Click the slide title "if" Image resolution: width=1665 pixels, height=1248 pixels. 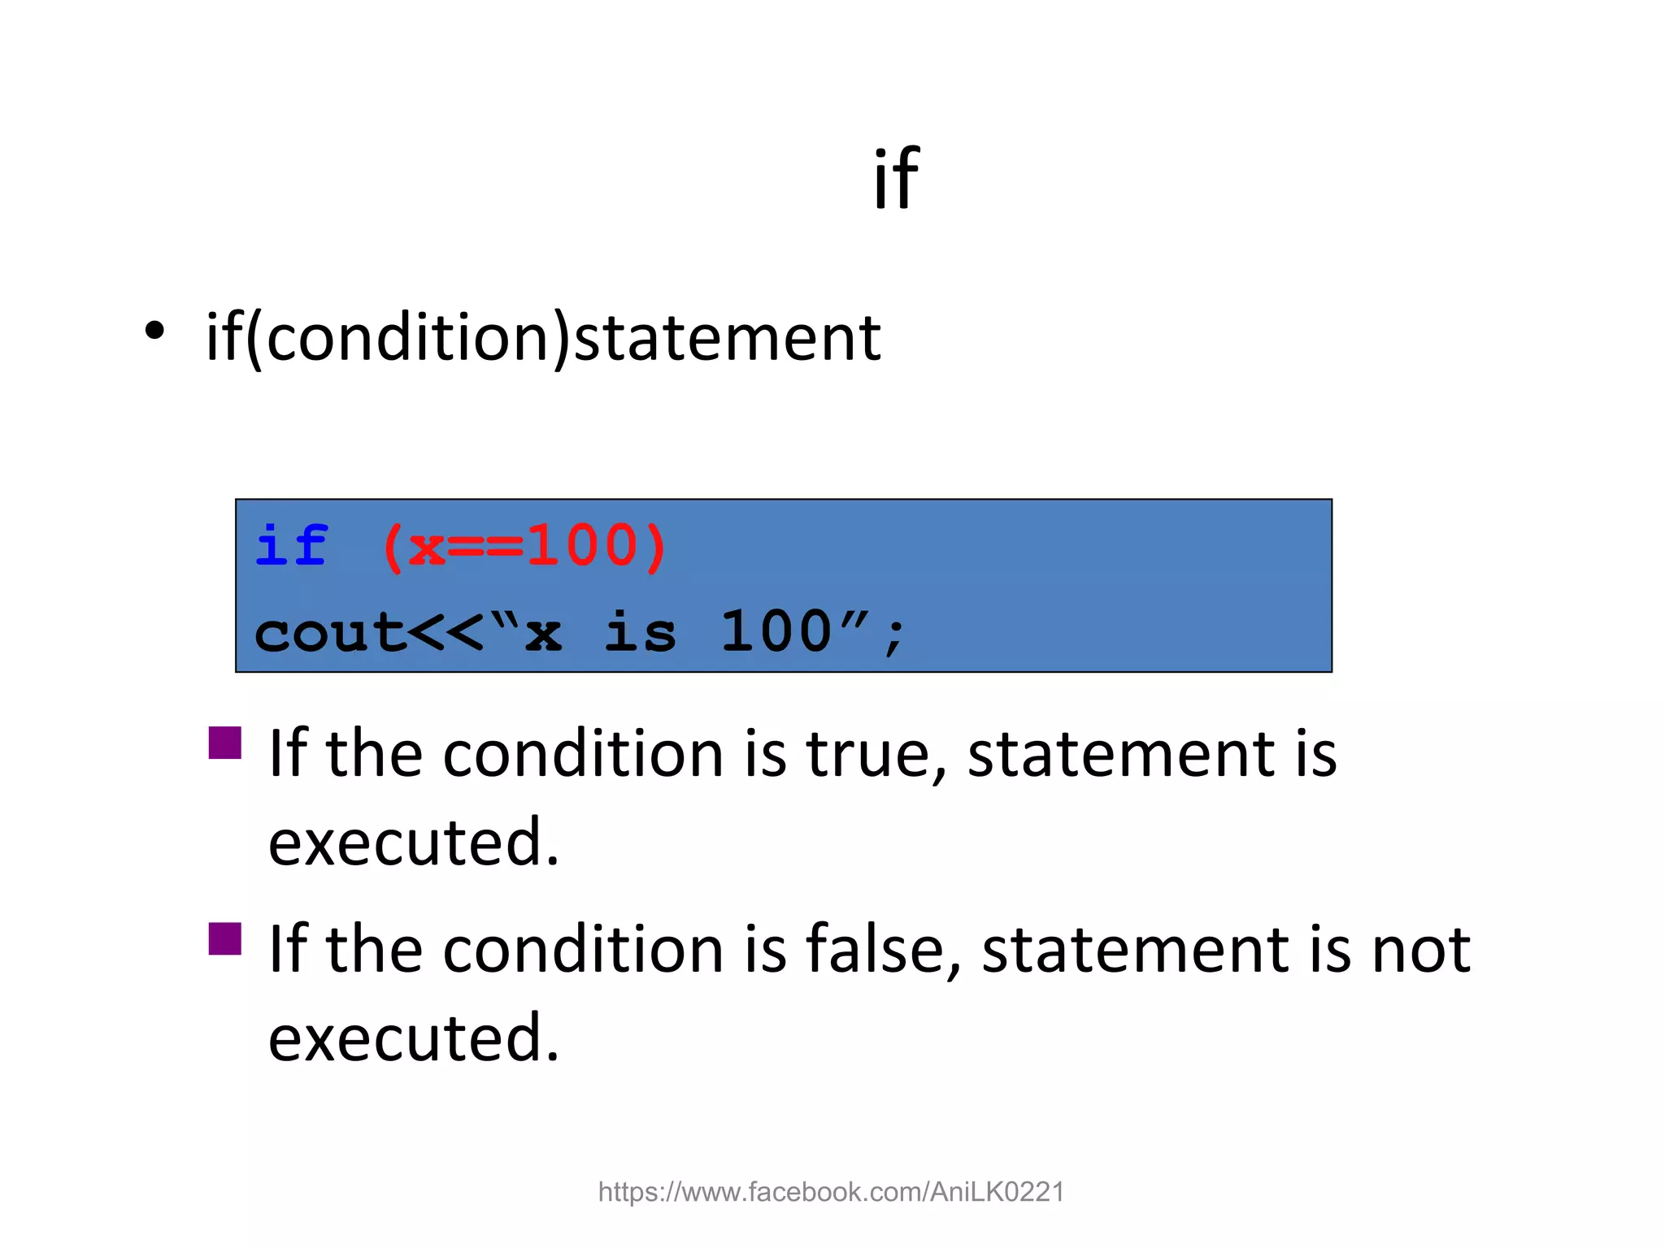click(x=896, y=179)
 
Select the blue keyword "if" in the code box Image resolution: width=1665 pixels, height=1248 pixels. click(x=291, y=545)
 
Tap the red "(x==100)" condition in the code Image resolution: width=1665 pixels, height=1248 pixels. click(x=524, y=547)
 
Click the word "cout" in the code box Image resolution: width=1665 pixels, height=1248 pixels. click(x=329, y=633)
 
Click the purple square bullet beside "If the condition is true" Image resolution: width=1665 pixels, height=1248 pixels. click(x=225, y=742)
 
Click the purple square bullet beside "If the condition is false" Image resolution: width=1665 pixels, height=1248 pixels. click(x=225, y=938)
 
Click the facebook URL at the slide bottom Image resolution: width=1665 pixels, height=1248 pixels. click(x=831, y=1192)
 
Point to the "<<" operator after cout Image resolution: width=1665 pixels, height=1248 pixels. click(x=446, y=633)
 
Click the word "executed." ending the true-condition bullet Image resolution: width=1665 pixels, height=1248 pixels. click(x=414, y=843)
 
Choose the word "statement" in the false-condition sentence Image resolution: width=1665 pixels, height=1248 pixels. click(x=1131, y=950)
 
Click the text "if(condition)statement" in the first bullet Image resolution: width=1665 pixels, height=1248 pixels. click(x=543, y=338)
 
